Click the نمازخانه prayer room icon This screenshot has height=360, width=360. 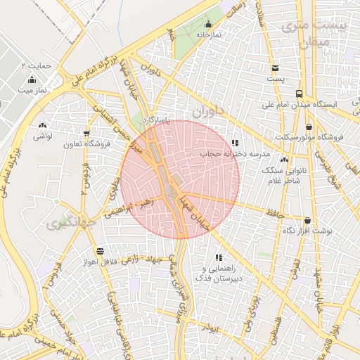[x=209, y=23]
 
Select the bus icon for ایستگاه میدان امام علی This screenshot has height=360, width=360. [x=300, y=94]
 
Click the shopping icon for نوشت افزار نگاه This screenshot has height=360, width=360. [x=307, y=220]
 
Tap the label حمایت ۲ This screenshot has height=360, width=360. [x=37, y=65]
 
